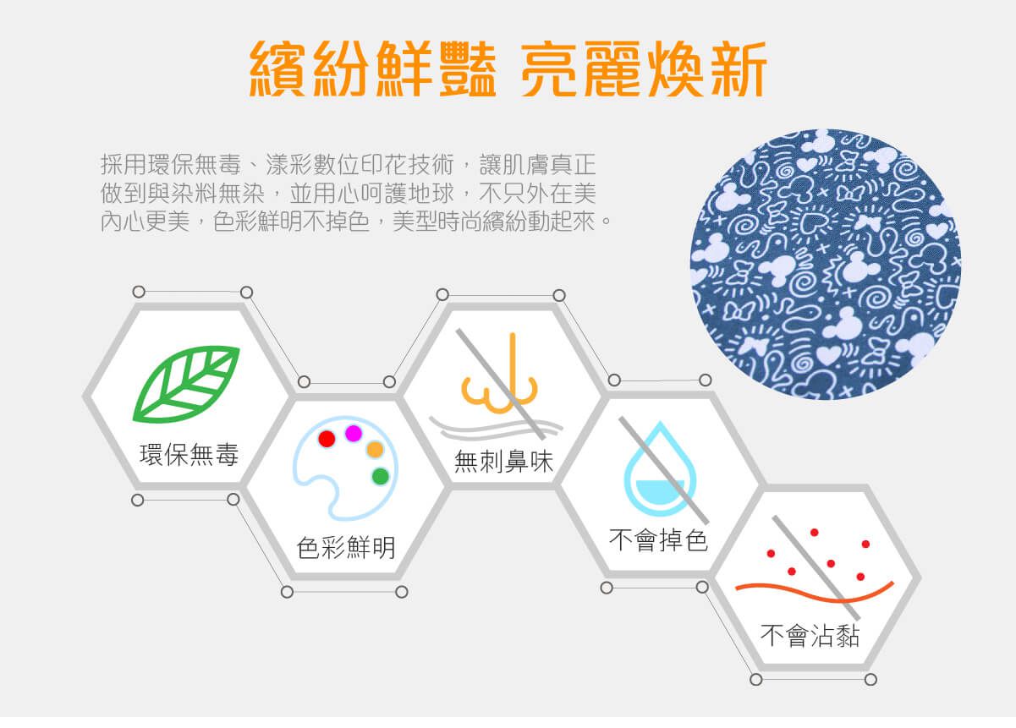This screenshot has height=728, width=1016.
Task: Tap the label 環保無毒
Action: pos(189,456)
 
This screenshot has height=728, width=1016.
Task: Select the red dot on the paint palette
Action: pos(327,439)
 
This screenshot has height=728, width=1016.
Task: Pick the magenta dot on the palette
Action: pos(354,433)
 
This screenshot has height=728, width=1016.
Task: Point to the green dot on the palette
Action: pos(380,476)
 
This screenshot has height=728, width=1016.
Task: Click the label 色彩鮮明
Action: pos(346,548)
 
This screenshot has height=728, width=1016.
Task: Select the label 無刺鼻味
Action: pos(503,462)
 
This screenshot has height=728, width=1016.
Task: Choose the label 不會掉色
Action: pos(658,539)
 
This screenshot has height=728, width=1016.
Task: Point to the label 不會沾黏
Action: pos(810,635)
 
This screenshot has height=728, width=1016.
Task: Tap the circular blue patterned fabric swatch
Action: pos(826,264)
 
